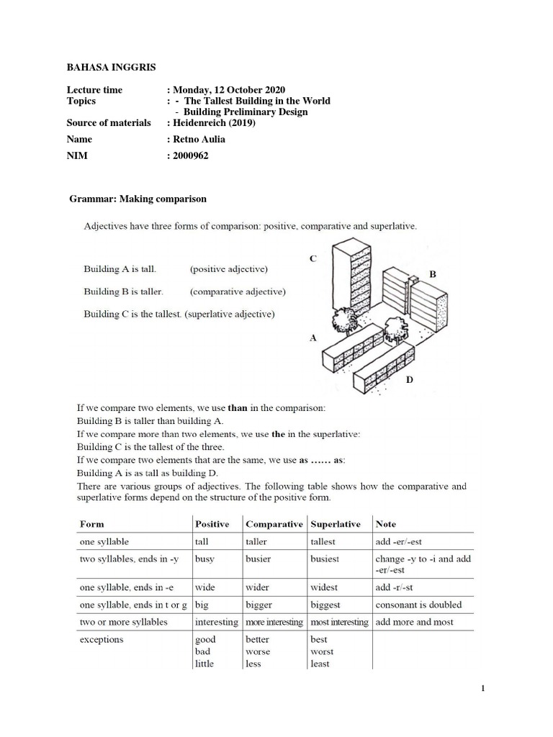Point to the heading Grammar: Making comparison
click(x=138, y=198)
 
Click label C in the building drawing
click(x=313, y=258)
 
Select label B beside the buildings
click(x=433, y=274)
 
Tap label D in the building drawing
click(x=409, y=380)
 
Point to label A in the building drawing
click(x=313, y=337)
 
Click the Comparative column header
click(x=274, y=524)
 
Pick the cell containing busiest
click(x=325, y=559)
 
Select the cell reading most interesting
click(x=338, y=622)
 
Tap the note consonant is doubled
click(x=418, y=605)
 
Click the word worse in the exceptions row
click(x=258, y=651)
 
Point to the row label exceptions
click(x=102, y=639)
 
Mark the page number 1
click(x=484, y=689)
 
